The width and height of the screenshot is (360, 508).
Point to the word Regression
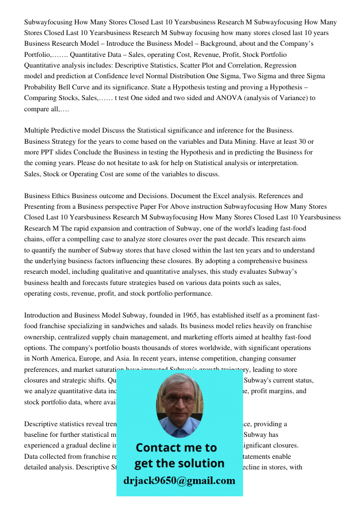[x=279, y=66]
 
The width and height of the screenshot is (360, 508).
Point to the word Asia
[x=121, y=359]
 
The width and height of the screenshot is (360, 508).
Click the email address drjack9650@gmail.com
[x=179, y=480]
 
